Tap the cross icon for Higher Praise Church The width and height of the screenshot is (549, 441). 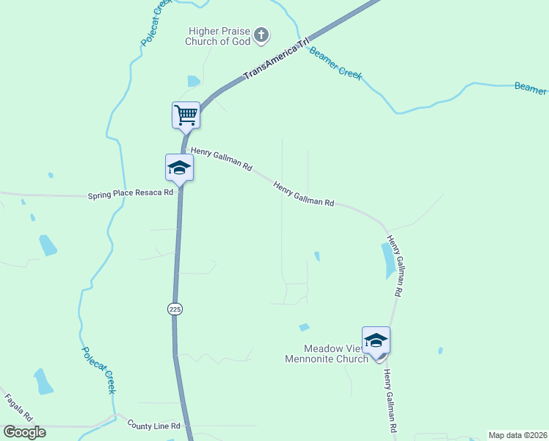click(x=261, y=34)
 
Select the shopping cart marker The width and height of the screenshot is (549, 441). click(x=186, y=115)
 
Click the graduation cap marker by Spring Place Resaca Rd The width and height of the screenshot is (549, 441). click(x=179, y=168)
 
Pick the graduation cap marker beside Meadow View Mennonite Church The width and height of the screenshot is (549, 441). click(x=376, y=340)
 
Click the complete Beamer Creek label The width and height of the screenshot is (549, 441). click(x=335, y=63)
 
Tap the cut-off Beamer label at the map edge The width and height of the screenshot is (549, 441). click(x=530, y=88)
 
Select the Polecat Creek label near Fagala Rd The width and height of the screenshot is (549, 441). click(x=99, y=370)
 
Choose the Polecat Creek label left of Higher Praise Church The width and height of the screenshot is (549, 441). click(x=156, y=22)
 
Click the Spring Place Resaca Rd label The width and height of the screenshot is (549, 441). click(x=130, y=195)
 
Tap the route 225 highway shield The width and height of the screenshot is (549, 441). click(x=174, y=309)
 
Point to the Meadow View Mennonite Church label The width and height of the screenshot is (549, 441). click(x=327, y=354)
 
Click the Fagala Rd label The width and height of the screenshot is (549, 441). click(x=18, y=408)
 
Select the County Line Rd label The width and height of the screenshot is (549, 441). click(x=153, y=426)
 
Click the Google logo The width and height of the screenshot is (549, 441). click(x=25, y=432)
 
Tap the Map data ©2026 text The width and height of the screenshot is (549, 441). click(x=517, y=435)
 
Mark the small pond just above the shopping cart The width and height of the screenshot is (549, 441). click(x=194, y=81)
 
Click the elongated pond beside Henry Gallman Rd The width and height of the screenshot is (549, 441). click(x=388, y=261)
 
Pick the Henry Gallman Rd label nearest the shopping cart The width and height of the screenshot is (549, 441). click(x=222, y=159)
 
